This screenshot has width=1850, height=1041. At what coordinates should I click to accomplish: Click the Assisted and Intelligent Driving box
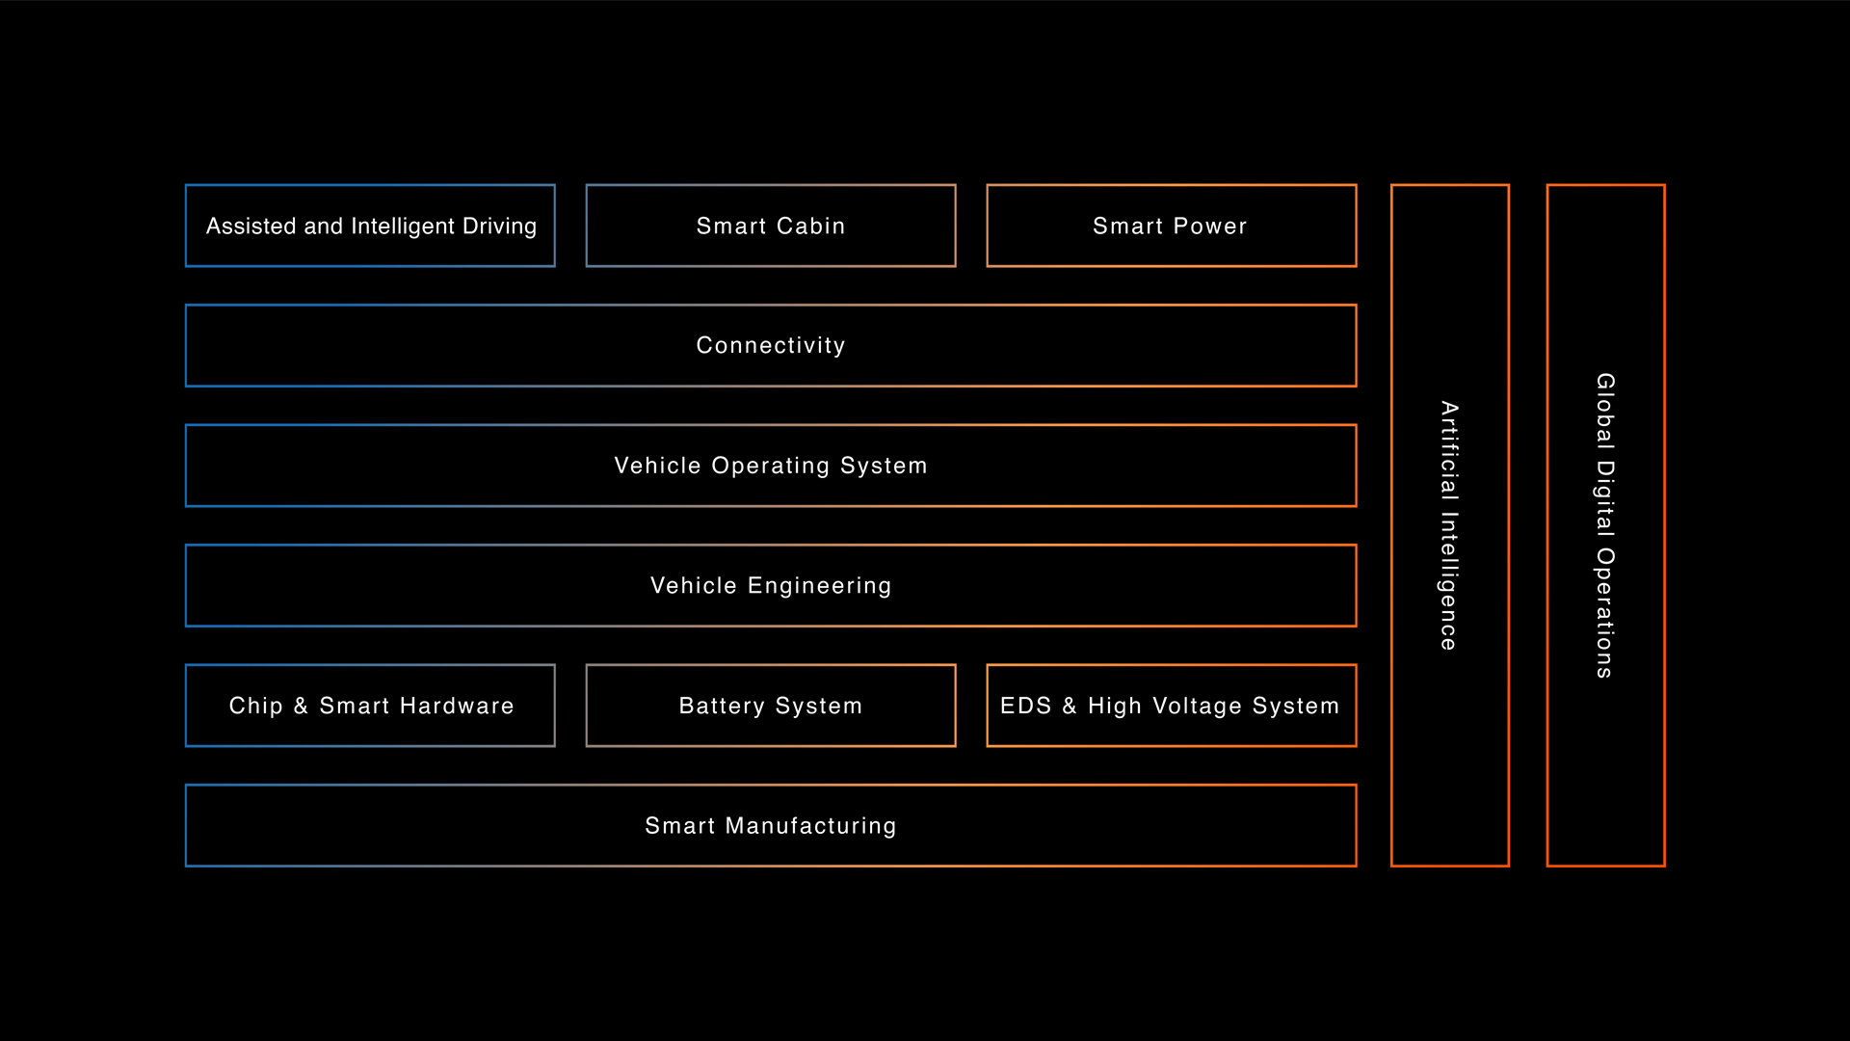[370, 226]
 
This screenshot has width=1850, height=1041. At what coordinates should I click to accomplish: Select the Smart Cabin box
[771, 226]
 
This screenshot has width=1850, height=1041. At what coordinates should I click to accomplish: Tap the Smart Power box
[1171, 226]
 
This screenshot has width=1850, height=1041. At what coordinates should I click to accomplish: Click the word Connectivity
[771, 345]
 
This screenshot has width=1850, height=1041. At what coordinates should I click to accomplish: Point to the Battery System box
[771, 706]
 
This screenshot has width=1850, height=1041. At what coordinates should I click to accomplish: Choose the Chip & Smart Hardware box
[370, 706]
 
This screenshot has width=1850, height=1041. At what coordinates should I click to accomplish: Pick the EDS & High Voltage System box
[1171, 706]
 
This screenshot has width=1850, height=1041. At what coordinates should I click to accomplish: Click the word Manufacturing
[810, 826]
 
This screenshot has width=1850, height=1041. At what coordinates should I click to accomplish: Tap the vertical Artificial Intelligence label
[1449, 525]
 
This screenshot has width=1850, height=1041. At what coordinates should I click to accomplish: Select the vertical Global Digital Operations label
[1605, 525]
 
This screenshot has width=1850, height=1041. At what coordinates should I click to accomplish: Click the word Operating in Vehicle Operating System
[770, 466]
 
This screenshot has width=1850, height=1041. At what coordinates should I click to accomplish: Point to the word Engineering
[819, 586]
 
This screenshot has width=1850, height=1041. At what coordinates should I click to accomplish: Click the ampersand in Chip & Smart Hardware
[301, 706]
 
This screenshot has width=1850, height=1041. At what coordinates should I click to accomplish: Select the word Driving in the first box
[499, 227]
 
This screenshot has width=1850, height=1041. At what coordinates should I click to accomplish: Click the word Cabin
[810, 226]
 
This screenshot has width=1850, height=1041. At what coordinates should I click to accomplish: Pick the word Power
[1210, 226]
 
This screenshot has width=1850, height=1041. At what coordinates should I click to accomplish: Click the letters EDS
[1025, 706]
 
